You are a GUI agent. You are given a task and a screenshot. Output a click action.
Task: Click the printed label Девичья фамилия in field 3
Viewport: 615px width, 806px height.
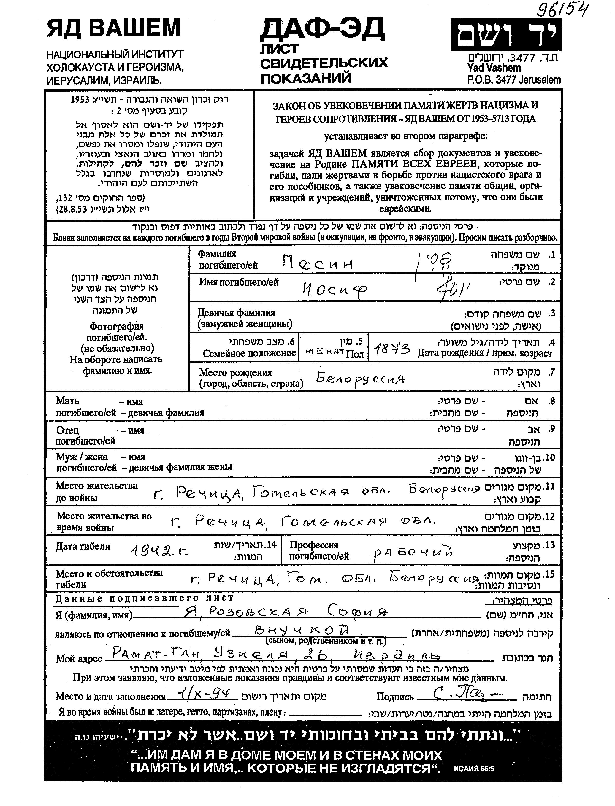click(x=236, y=313)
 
